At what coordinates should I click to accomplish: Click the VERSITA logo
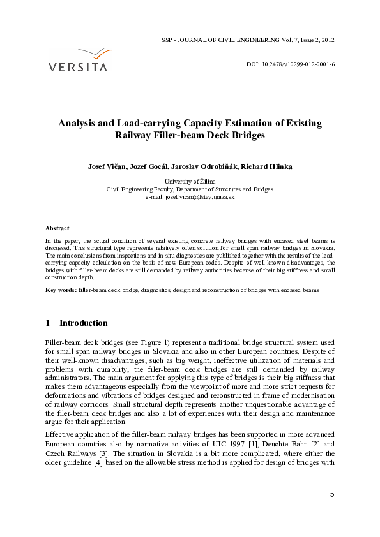[x=78, y=60]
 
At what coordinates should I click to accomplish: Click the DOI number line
[x=291, y=65]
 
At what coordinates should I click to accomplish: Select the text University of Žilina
[x=190, y=182]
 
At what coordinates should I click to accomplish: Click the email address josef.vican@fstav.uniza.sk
[x=199, y=197]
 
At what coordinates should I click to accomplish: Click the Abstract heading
[x=57, y=228]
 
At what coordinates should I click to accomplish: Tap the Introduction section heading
[x=83, y=323]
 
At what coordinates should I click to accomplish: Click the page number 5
[x=332, y=494]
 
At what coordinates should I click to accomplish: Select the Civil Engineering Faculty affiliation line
[x=190, y=189]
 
